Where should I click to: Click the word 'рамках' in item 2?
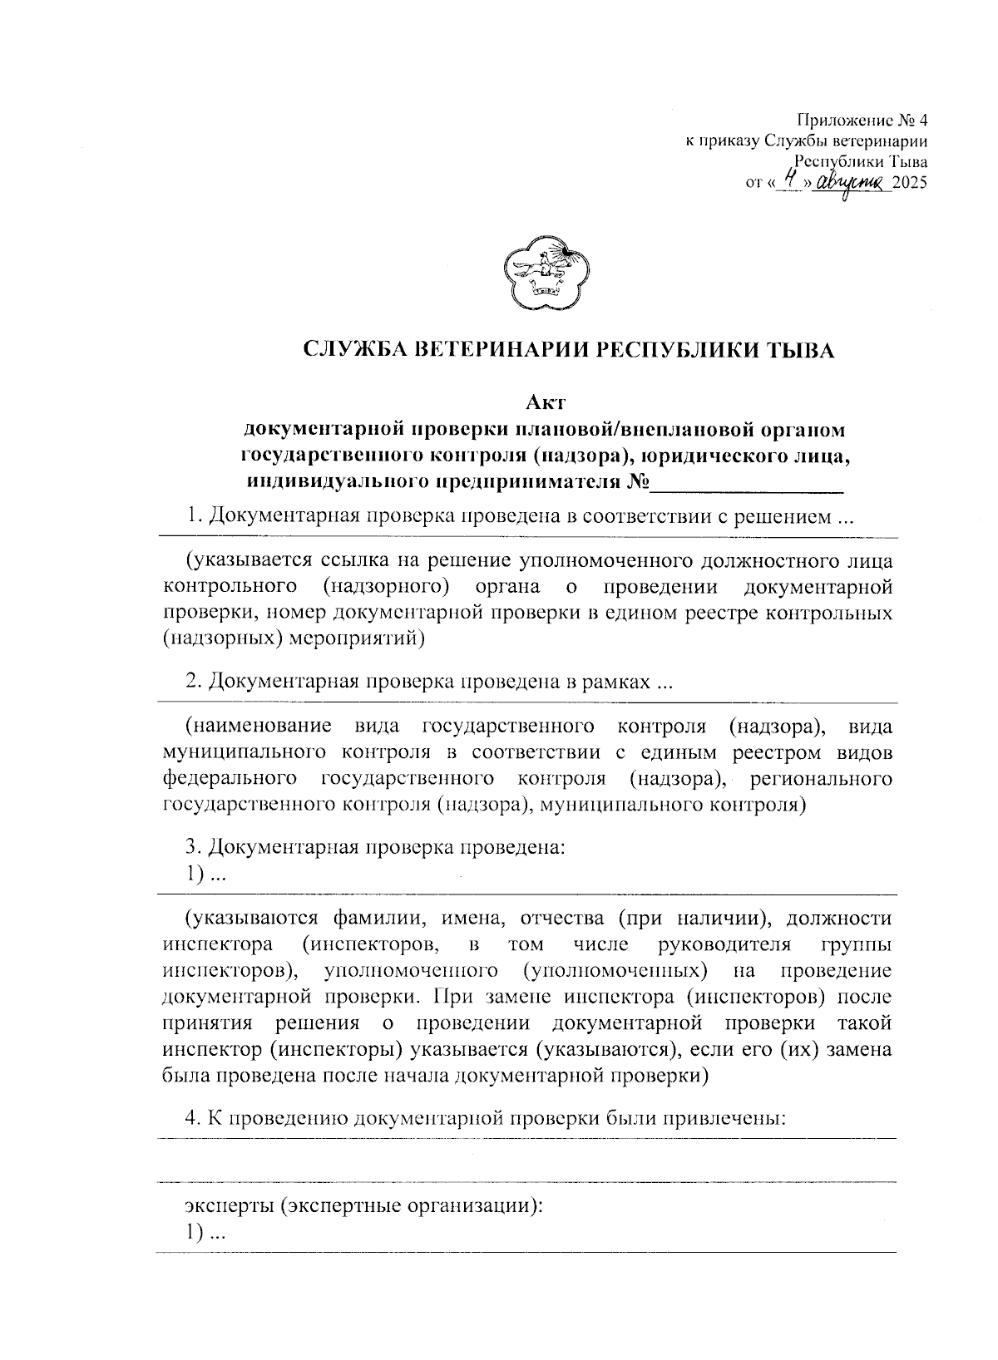click(x=616, y=683)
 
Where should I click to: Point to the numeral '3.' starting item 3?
click(x=193, y=848)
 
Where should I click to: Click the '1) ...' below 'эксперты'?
click(x=202, y=1234)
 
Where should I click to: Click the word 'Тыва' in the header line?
click(x=909, y=163)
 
